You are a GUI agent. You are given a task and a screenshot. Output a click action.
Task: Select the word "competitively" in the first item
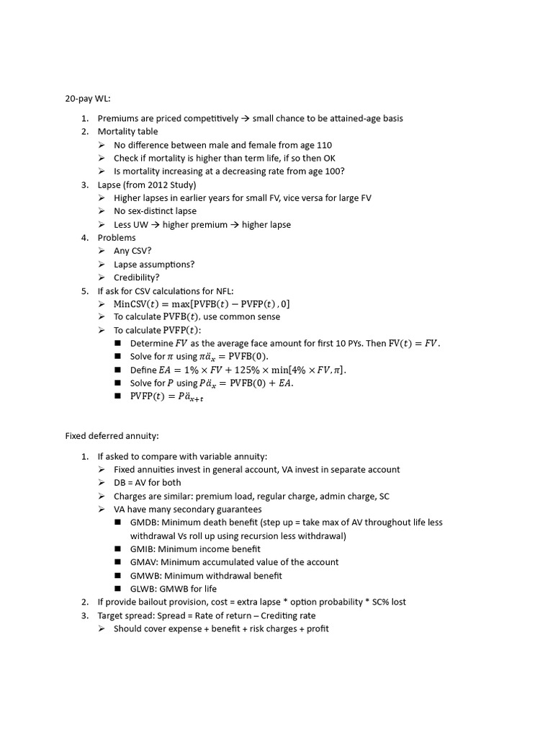coord(201,118)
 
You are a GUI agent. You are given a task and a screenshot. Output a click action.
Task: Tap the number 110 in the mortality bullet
coord(324,145)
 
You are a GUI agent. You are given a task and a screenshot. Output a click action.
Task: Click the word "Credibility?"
coord(137,277)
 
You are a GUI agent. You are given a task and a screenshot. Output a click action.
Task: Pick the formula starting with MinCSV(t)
coord(202,304)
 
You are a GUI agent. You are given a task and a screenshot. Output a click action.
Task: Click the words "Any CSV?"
coord(132,251)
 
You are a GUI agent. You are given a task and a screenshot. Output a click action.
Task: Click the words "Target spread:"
coord(126,615)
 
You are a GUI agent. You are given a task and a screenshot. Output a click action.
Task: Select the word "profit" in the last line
coord(317,628)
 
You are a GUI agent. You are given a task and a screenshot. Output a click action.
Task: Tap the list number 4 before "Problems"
coord(84,238)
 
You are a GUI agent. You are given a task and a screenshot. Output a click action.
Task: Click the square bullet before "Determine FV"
coord(118,344)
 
